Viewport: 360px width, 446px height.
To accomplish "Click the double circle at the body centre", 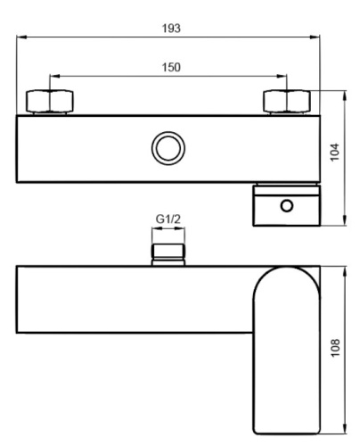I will [167, 148].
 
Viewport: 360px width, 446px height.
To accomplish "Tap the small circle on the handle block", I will [285, 206].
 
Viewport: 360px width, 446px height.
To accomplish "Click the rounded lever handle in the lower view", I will [285, 348].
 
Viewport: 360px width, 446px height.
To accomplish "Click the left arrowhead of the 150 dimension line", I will [53, 77].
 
